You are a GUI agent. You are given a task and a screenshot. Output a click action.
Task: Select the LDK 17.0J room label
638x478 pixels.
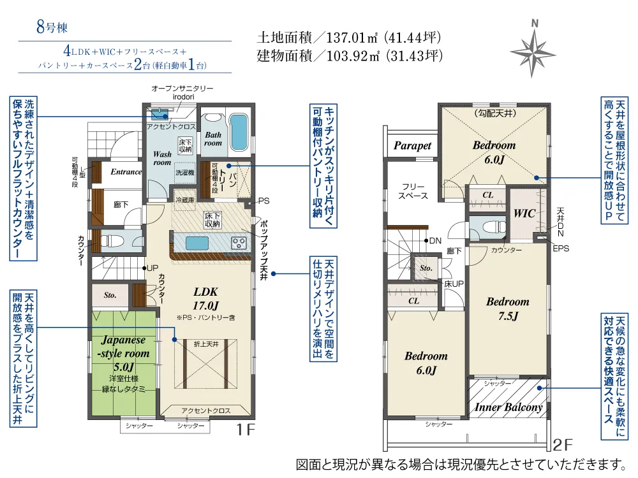[206, 298]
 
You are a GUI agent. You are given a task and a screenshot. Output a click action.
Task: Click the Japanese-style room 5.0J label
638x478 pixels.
[123, 353]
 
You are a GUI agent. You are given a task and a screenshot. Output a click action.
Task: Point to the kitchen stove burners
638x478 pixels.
[239, 242]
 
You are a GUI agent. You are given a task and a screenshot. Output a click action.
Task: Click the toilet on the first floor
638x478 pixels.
[114, 242]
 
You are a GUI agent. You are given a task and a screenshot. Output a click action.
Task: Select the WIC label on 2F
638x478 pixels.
[524, 214]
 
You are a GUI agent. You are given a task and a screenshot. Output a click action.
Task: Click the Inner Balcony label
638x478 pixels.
[508, 407]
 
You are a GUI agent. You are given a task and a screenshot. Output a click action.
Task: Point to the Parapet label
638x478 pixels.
[412, 145]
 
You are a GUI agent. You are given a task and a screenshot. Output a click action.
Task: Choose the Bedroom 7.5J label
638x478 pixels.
[508, 308]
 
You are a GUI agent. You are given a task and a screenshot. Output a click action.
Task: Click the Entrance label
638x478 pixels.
[126, 171]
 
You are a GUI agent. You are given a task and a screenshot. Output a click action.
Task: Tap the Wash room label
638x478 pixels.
[162, 158]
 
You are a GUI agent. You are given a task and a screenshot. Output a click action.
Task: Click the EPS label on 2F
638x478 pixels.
[561, 248]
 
